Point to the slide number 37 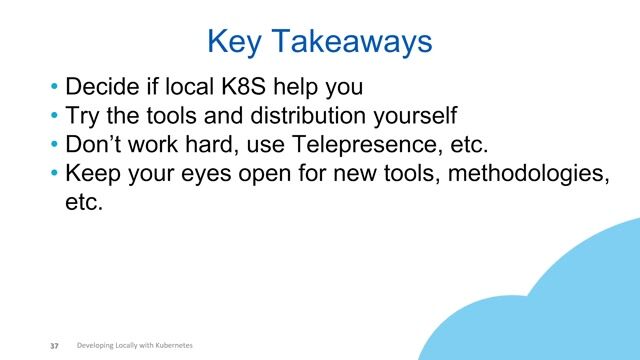(55, 346)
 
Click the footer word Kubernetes (171, 345)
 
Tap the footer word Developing (97, 345)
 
